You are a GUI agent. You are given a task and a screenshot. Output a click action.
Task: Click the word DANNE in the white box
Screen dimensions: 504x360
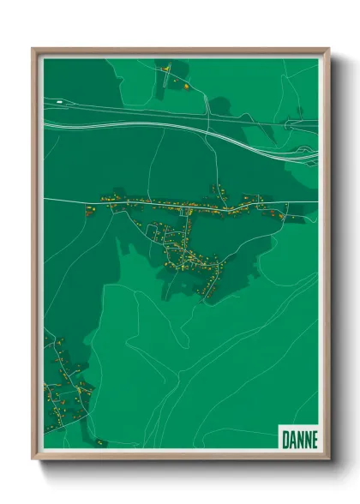298,440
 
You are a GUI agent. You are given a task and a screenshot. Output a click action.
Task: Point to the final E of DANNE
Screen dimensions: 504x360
313,440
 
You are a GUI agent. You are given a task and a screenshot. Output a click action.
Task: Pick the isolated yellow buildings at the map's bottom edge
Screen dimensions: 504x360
99,442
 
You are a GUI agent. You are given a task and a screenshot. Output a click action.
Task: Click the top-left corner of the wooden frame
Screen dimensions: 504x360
33,49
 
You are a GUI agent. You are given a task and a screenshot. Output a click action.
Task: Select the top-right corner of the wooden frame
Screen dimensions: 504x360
328,49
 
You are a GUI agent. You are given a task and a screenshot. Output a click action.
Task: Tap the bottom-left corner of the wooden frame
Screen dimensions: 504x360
33,459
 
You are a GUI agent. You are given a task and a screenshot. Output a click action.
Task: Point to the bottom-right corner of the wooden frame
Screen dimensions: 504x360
328,459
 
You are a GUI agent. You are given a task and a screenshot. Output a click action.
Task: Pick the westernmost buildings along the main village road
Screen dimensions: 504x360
87,207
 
